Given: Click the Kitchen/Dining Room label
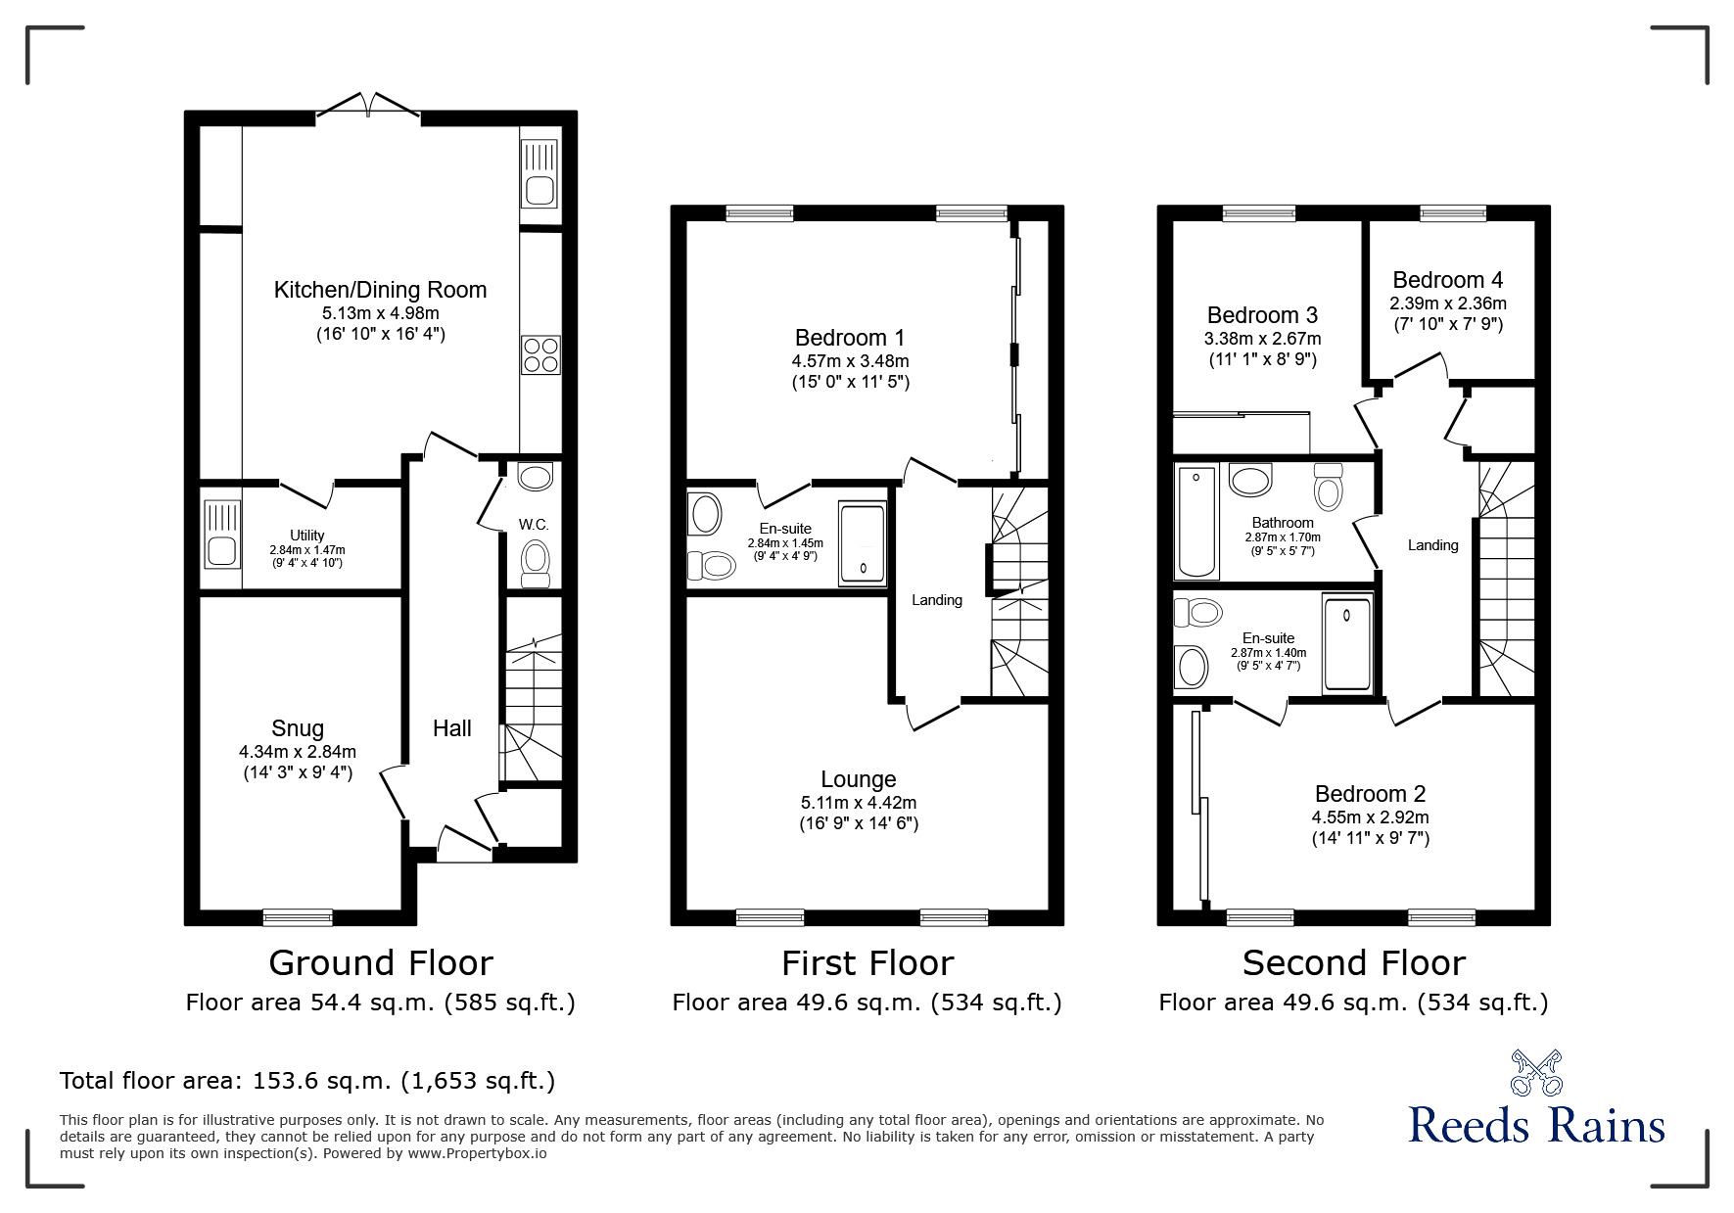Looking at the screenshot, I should (x=380, y=290).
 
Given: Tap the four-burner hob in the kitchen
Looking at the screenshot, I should (x=540, y=354).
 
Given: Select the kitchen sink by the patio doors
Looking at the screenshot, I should (x=539, y=173).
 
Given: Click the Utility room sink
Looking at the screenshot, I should (x=221, y=535).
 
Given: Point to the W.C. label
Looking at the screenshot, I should (x=534, y=525).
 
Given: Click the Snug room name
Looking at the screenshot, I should (x=298, y=728).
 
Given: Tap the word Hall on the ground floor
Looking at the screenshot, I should (x=451, y=728).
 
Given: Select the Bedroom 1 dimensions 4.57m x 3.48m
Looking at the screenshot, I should (x=850, y=361).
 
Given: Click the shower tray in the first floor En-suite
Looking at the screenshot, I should (x=863, y=544).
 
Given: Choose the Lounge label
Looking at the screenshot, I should (x=858, y=779).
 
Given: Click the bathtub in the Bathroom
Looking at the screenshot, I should (x=1196, y=523).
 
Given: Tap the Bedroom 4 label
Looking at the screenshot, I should (x=1447, y=280).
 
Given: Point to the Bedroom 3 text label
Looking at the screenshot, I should (x=1262, y=315).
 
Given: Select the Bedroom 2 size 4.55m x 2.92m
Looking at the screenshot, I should (x=1370, y=817).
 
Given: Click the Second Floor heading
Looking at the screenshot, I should (x=1353, y=963).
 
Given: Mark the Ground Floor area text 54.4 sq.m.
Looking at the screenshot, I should (x=380, y=1003).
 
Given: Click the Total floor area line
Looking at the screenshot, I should (x=307, y=1081).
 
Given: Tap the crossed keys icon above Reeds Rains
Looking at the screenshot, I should (x=1535, y=1073).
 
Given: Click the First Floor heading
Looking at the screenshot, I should (x=867, y=963).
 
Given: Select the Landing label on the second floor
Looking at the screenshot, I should (x=1432, y=545).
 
